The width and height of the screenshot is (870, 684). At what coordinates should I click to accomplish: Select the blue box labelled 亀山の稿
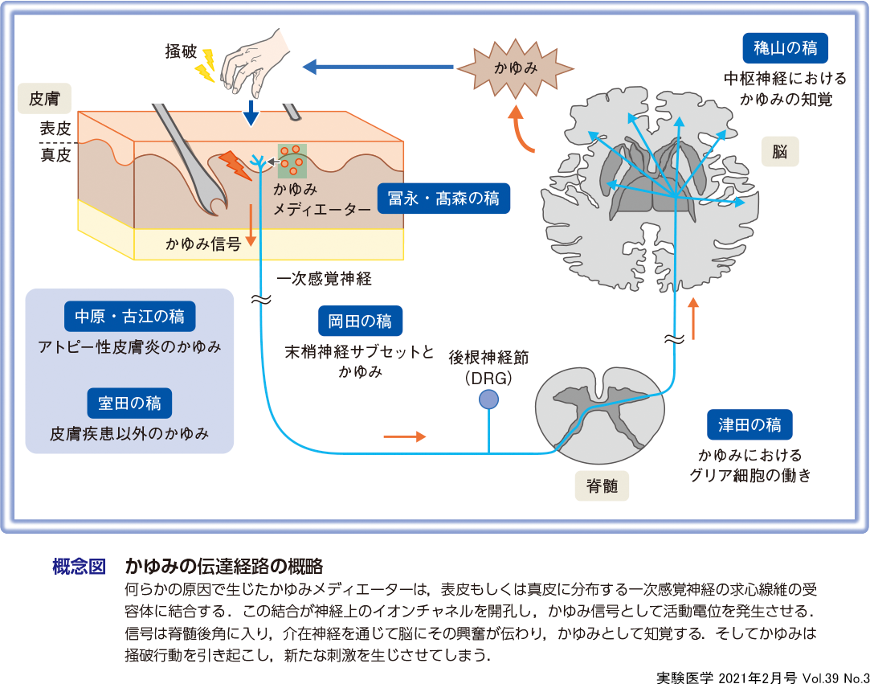point(785,48)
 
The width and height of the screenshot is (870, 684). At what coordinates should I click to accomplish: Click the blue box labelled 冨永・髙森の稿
point(443,199)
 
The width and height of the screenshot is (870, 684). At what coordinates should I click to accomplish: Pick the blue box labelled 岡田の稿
point(360,321)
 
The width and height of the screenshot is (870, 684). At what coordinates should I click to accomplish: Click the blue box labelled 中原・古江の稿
point(129,317)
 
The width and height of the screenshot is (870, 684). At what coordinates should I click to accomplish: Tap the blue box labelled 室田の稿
point(129,403)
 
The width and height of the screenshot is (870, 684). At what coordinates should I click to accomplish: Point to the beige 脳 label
point(780,150)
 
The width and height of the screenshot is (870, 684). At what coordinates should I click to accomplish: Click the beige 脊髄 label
point(602,485)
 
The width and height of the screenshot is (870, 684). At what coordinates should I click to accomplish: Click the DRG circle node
point(488,399)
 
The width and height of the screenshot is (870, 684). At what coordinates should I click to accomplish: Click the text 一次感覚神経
point(324,279)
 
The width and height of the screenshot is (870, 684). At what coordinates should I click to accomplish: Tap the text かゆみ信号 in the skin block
point(203,244)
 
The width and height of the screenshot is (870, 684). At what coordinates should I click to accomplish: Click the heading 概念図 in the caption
point(79,566)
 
